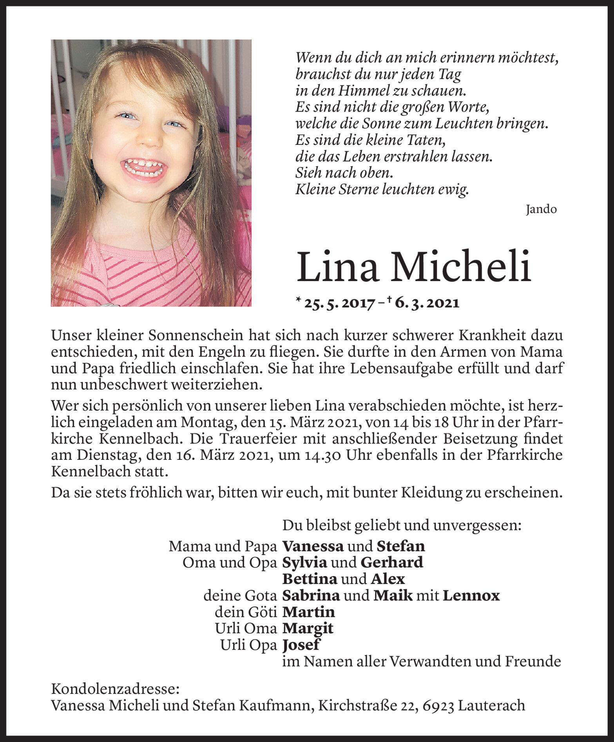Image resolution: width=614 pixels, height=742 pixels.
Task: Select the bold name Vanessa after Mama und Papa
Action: coord(313,546)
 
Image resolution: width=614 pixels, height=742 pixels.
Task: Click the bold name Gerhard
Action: coord(391,563)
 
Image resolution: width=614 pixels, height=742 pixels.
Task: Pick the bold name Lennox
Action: coord(471,596)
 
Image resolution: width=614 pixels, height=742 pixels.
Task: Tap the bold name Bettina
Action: coord(308,579)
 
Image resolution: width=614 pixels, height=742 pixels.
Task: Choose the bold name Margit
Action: coord(308,629)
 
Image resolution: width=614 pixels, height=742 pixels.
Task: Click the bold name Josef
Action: coord(301,645)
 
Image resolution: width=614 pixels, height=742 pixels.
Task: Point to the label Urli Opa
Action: coord(248,645)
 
